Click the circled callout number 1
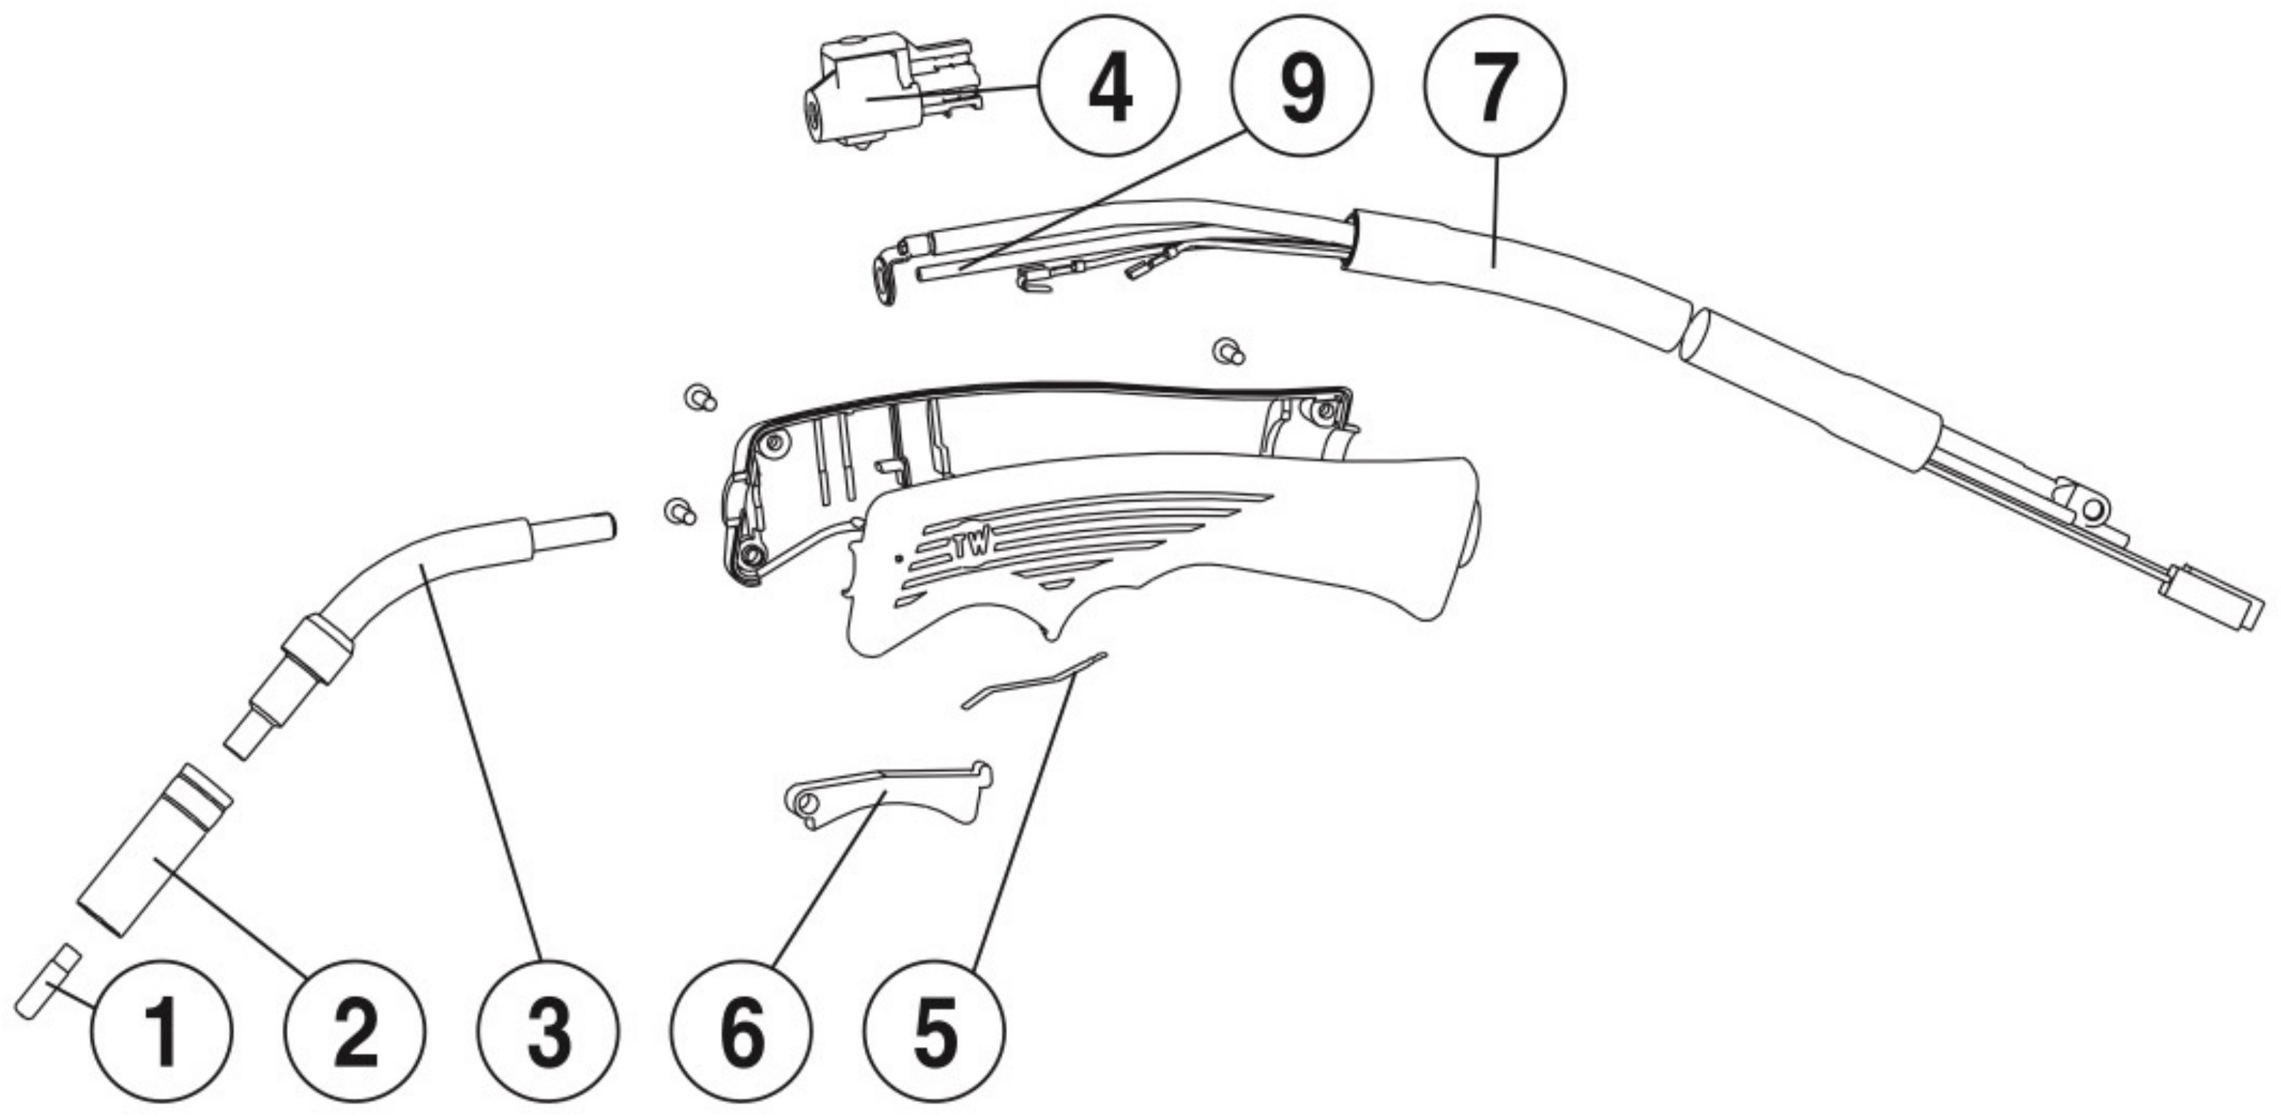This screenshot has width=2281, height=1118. pyautogui.click(x=161, y=1032)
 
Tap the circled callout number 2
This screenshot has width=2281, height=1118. pyautogui.click(x=355, y=1032)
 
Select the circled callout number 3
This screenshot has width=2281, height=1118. pyautogui.click(x=549, y=1032)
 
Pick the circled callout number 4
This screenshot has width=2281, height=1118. pyautogui.click(x=1109, y=86)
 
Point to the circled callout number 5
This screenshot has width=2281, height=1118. pyautogui.click(x=935, y=1032)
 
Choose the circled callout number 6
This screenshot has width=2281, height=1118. pyautogui.click(x=742, y=1032)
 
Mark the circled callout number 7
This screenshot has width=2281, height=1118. pyautogui.click(x=1495, y=86)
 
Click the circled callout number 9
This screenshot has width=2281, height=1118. pyautogui.click(x=1302, y=86)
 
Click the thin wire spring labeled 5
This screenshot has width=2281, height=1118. pyautogui.click(x=1034, y=680)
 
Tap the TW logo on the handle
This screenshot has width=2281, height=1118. pyautogui.click(x=972, y=549)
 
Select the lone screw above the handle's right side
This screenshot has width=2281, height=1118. pyautogui.click(x=1229, y=352)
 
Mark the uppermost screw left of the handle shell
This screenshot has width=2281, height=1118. pyautogui.click(x=701, y=399)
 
